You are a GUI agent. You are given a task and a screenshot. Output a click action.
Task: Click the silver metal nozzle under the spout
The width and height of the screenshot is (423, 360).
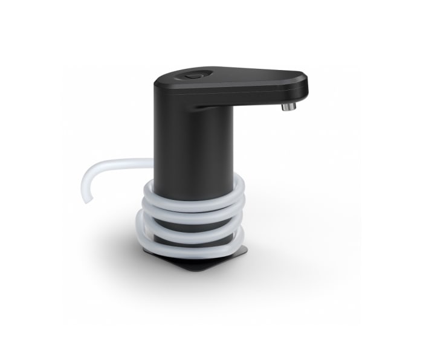point(289,107)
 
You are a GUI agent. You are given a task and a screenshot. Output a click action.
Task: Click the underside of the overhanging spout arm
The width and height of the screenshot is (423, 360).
point(254,100)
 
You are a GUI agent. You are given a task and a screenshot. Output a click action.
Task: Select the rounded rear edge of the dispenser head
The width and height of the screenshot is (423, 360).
point(159,85)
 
